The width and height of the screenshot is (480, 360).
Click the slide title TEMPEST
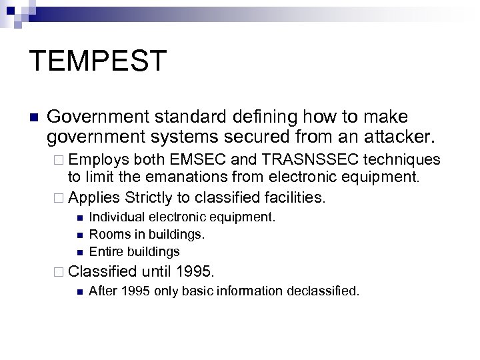(x=97, y=61)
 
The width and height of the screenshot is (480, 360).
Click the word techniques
(x=407, y=161)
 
